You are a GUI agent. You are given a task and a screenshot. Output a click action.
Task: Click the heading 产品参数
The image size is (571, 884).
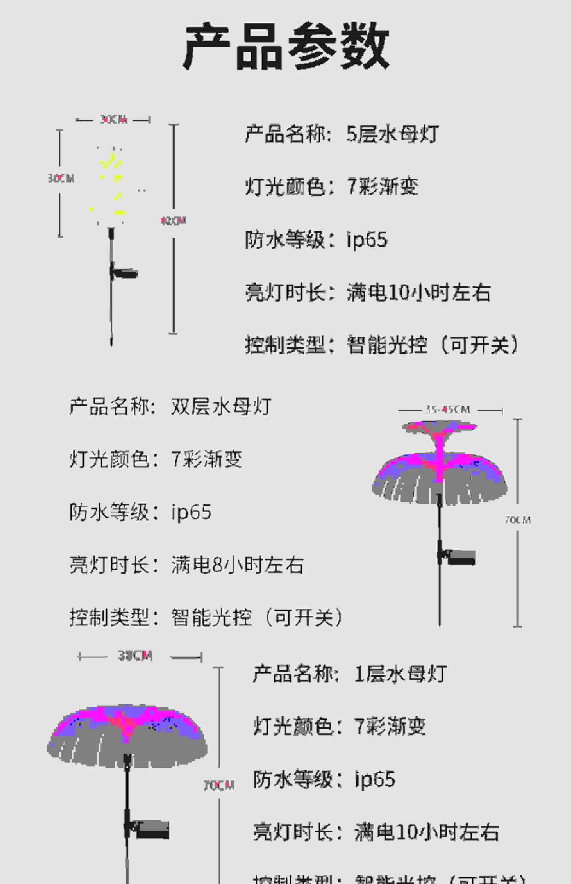286,46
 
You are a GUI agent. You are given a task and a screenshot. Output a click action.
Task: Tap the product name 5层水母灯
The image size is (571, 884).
392,134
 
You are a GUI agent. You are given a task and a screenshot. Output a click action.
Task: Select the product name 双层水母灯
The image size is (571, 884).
221,407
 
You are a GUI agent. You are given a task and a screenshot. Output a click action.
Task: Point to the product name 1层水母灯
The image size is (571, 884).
401,675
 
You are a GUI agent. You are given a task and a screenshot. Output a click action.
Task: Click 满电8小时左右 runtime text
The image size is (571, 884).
237,565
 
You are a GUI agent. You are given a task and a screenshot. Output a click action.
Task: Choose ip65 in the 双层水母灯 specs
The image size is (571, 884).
191,512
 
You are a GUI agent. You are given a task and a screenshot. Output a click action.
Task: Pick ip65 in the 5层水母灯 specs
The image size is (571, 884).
367,239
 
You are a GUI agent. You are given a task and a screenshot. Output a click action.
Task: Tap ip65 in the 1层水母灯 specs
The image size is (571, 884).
375,779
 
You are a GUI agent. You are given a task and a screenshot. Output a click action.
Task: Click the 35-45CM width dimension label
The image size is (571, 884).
448,409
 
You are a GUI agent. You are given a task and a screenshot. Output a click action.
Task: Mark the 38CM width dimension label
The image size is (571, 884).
135,656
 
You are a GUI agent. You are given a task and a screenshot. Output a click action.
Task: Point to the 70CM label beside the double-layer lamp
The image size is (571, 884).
518,520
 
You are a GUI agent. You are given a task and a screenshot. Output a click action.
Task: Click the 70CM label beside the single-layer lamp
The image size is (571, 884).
219,785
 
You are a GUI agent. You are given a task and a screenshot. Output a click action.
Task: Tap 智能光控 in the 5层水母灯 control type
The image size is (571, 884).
387,345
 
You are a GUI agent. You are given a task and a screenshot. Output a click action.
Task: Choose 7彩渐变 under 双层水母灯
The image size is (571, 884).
206,459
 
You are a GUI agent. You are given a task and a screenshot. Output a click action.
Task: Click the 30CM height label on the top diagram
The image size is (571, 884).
61,178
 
